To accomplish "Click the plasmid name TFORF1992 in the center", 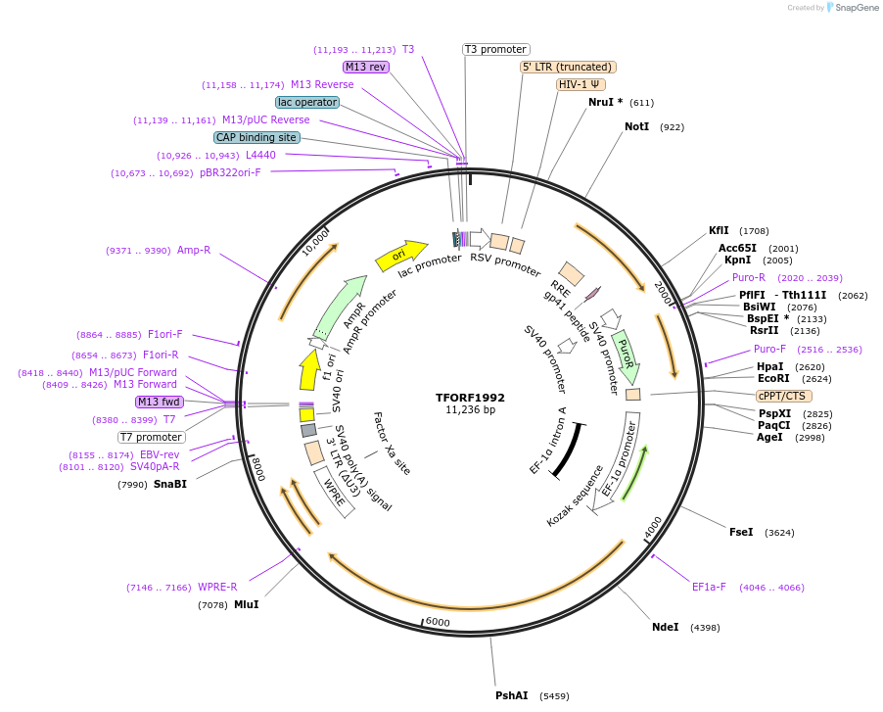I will click(x=470, y=398).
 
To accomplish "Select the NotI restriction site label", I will click(x=636, y=127).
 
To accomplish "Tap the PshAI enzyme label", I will click(x=511, y=695).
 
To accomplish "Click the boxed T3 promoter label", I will click(x=495, y=49).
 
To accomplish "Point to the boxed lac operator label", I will click(x=307, y=102).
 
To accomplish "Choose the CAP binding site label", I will click(x=256, y=138).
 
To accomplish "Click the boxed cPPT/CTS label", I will click(x=782, y=396).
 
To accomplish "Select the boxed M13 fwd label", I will click(x=160, y=402).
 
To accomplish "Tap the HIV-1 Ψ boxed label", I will click(x=580, y=84).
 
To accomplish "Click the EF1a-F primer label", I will click(x=709, y=588).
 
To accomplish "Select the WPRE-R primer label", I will click(x=217, y=588).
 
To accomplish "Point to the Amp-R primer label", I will click(x=194, y=251).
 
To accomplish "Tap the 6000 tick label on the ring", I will click(x=437, y=622).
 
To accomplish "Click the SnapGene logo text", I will click(x=856, y=8).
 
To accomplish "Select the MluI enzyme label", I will click(x=246, y=605).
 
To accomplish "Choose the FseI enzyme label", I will click(x=741, y=532).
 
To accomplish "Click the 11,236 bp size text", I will click(x=470, y=410).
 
